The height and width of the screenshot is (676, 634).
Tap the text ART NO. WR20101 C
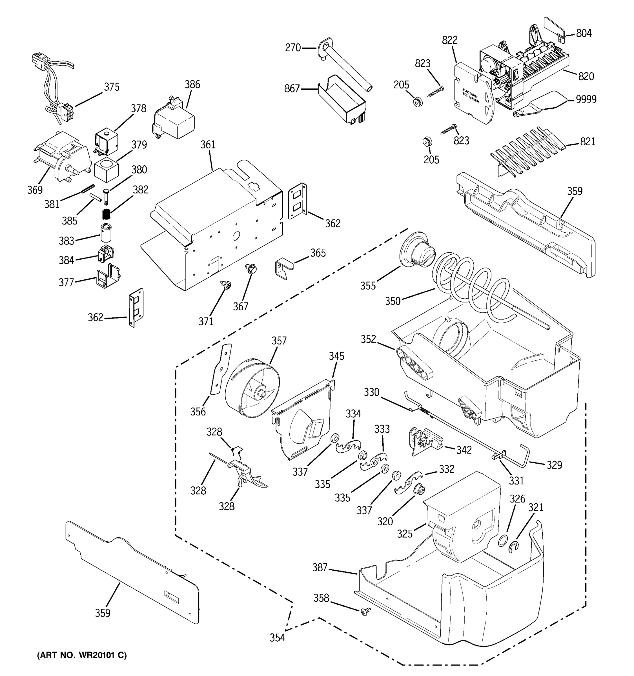82,655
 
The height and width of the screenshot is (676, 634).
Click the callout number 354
277,638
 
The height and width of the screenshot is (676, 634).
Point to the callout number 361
208,145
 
